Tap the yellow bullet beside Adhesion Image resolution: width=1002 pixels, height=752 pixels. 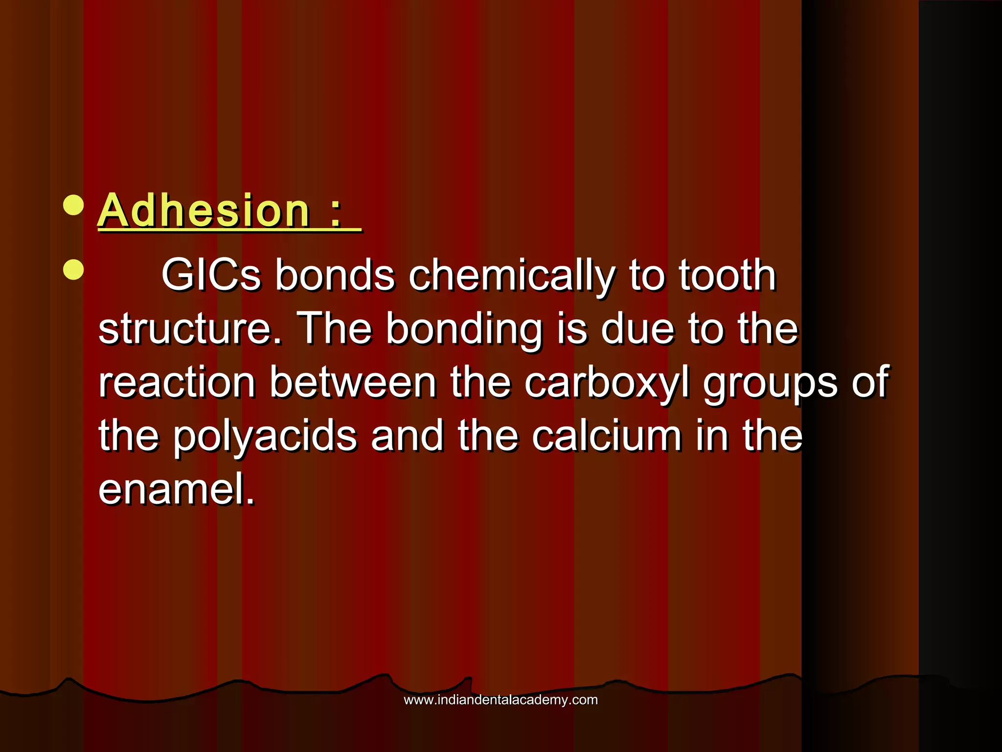[73, 206]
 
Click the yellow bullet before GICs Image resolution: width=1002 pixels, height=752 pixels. [73, 270]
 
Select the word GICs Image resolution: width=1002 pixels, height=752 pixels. [211, 275]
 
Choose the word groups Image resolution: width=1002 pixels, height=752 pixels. [771, 383]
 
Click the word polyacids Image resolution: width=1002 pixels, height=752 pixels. [265, 437]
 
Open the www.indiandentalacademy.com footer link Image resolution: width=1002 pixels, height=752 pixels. [501, 700]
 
